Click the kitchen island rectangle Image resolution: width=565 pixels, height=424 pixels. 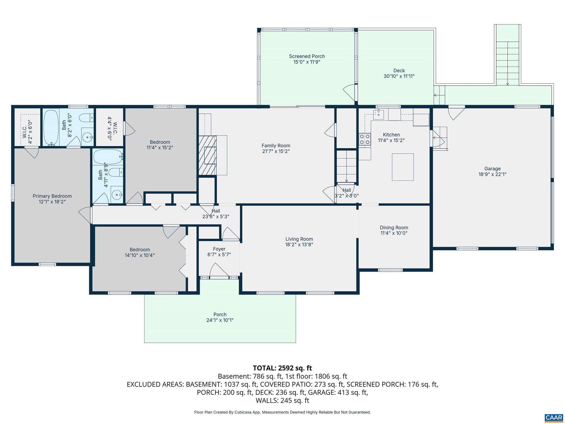[403, 167]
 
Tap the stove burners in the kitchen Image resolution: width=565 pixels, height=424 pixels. [364, 139]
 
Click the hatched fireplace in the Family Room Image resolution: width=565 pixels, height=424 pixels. [207, 155]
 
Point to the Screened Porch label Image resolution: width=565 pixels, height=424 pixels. [307, 56]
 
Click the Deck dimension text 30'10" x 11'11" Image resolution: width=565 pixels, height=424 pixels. [399, 76]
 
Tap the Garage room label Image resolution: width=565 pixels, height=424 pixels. [492, 169]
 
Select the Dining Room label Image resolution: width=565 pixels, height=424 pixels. [394, 227]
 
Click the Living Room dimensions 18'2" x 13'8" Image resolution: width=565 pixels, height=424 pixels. [299, 245]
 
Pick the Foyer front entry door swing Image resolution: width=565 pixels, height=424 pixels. [219, 271]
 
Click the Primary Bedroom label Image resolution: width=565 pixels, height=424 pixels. [52, 196]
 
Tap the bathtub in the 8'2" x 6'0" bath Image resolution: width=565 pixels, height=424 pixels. [51, 127]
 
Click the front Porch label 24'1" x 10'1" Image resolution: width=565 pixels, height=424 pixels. [220, 317]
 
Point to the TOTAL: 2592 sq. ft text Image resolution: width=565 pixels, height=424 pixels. [282, 368]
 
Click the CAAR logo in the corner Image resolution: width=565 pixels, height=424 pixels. [554, 417]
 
